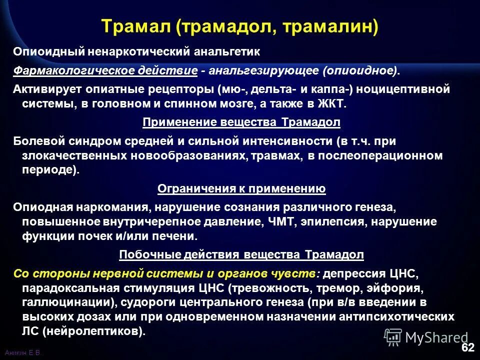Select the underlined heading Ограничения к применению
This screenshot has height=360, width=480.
[241, 189]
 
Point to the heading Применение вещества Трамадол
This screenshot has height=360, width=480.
[241, 122]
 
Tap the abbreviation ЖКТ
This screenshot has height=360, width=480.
[330, 104]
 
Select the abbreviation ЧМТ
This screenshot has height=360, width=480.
[279, 222]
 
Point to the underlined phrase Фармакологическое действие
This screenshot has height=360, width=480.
[105, 71]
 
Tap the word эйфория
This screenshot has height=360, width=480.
[405, 289]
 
